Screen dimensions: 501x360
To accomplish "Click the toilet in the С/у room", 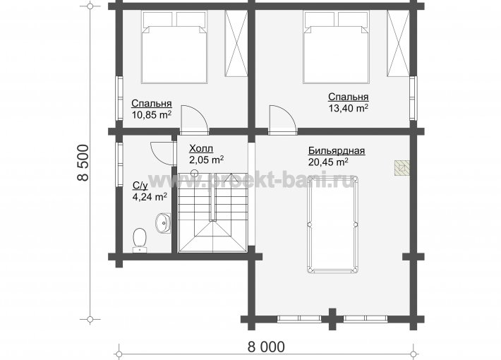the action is coord(139,240).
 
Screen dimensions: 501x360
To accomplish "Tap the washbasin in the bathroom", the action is coord(163,223).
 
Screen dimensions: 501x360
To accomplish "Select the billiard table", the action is coord(332,224).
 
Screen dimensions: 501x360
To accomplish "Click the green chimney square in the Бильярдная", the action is coord(402,168).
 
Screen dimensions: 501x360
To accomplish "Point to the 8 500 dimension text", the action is coord(83,163).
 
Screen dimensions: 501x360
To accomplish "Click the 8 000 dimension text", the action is coord(266,347).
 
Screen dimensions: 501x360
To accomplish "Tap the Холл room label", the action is coord(201,149).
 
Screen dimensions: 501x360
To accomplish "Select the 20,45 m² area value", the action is coord(328,162).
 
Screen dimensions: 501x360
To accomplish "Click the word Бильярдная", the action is coord(337,150).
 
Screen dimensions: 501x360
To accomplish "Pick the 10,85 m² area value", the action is coord(152,114).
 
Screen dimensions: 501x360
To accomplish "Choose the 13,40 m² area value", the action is coord(349,108).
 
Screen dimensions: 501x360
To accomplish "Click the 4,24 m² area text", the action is coord(150,197).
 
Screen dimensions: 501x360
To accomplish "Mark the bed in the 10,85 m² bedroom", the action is coord(174,47).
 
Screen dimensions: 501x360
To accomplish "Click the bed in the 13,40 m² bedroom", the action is coord(337,47).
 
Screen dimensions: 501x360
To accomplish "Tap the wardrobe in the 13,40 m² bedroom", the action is coord(398,43).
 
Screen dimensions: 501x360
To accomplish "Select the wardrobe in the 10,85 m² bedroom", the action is coord(236,43).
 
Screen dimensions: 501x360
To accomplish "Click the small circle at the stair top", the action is coord(194,174).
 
